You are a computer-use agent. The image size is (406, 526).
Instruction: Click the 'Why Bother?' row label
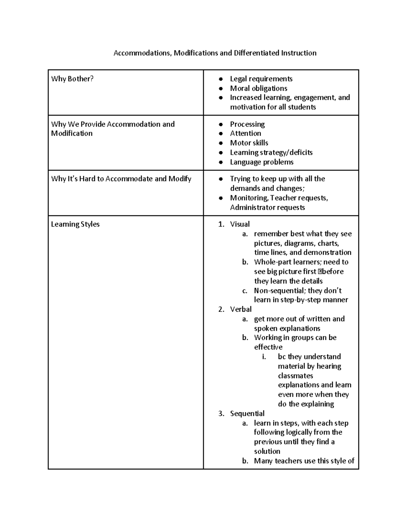click(x=72, y=79)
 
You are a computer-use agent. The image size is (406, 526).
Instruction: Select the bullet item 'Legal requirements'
click(x=261, y=79)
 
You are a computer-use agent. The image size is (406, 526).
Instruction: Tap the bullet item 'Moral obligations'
click(x=258, y=88)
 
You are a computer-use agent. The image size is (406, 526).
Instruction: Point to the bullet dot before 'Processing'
click(x=221, y=124)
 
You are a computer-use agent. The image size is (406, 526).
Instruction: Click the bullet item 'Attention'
click(x=245, y=133)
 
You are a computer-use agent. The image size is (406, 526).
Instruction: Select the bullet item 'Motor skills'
click(x=249, y=143)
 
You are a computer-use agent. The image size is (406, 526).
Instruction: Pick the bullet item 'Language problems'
click(x=262, y=162)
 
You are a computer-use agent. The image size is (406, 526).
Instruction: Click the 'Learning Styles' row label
click(x=75, y=224)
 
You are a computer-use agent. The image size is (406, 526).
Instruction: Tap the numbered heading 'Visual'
click(x=240, y=224)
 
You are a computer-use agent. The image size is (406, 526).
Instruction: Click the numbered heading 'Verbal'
click(x=241, y=309)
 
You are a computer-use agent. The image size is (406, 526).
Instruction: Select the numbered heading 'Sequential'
click(x=247, y=414)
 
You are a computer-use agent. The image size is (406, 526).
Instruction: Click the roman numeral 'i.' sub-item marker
click(x=264, y=357)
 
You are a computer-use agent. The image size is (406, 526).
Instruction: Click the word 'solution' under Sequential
click(x=267, y=451)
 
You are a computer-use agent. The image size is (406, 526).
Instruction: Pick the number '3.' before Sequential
click(x=221, y=414)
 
